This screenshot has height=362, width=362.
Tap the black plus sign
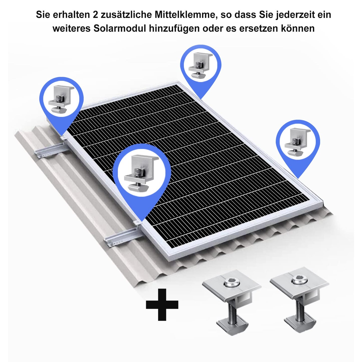pyautogui.click(x=162, y=305)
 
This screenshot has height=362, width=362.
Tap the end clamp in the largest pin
pyautogui.click(x=142, y=172)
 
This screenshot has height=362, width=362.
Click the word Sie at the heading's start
pyautogui.click(x=43, y=15)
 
